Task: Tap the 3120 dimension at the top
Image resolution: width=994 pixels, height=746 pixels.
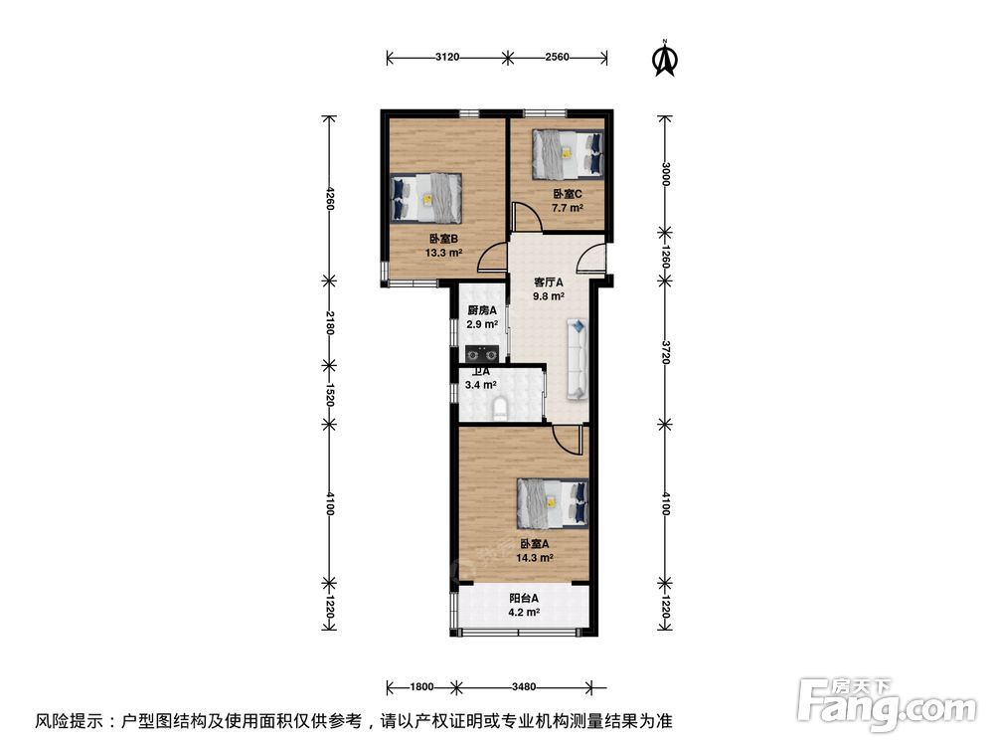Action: point(447,58)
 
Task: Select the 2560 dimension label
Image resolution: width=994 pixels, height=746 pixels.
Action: point(558,58)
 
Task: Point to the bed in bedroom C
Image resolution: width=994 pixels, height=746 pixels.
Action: point(568,154)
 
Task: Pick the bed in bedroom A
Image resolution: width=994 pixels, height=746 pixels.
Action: point(553,503)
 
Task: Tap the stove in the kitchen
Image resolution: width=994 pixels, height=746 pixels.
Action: point(481,353)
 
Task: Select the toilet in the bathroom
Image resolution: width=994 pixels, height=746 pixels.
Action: point(500,408)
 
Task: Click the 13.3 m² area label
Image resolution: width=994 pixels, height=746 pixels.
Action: point(443,253)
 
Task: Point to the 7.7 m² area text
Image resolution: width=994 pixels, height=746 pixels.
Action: point(567,208)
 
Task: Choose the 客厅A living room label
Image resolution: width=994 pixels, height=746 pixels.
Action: point(549,282)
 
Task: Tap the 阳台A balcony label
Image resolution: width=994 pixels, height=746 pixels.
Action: point(524,598)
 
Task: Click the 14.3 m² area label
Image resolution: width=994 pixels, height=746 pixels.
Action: point(535,558)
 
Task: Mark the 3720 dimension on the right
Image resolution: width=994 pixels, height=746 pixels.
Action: point(665,353)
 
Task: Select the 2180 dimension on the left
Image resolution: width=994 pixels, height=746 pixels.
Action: point(329,323)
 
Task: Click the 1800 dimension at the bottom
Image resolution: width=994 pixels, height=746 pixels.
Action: point(422,686)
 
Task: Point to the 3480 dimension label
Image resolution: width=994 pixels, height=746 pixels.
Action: point(524,686)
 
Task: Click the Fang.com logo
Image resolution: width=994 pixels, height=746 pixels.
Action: point(887,703)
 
